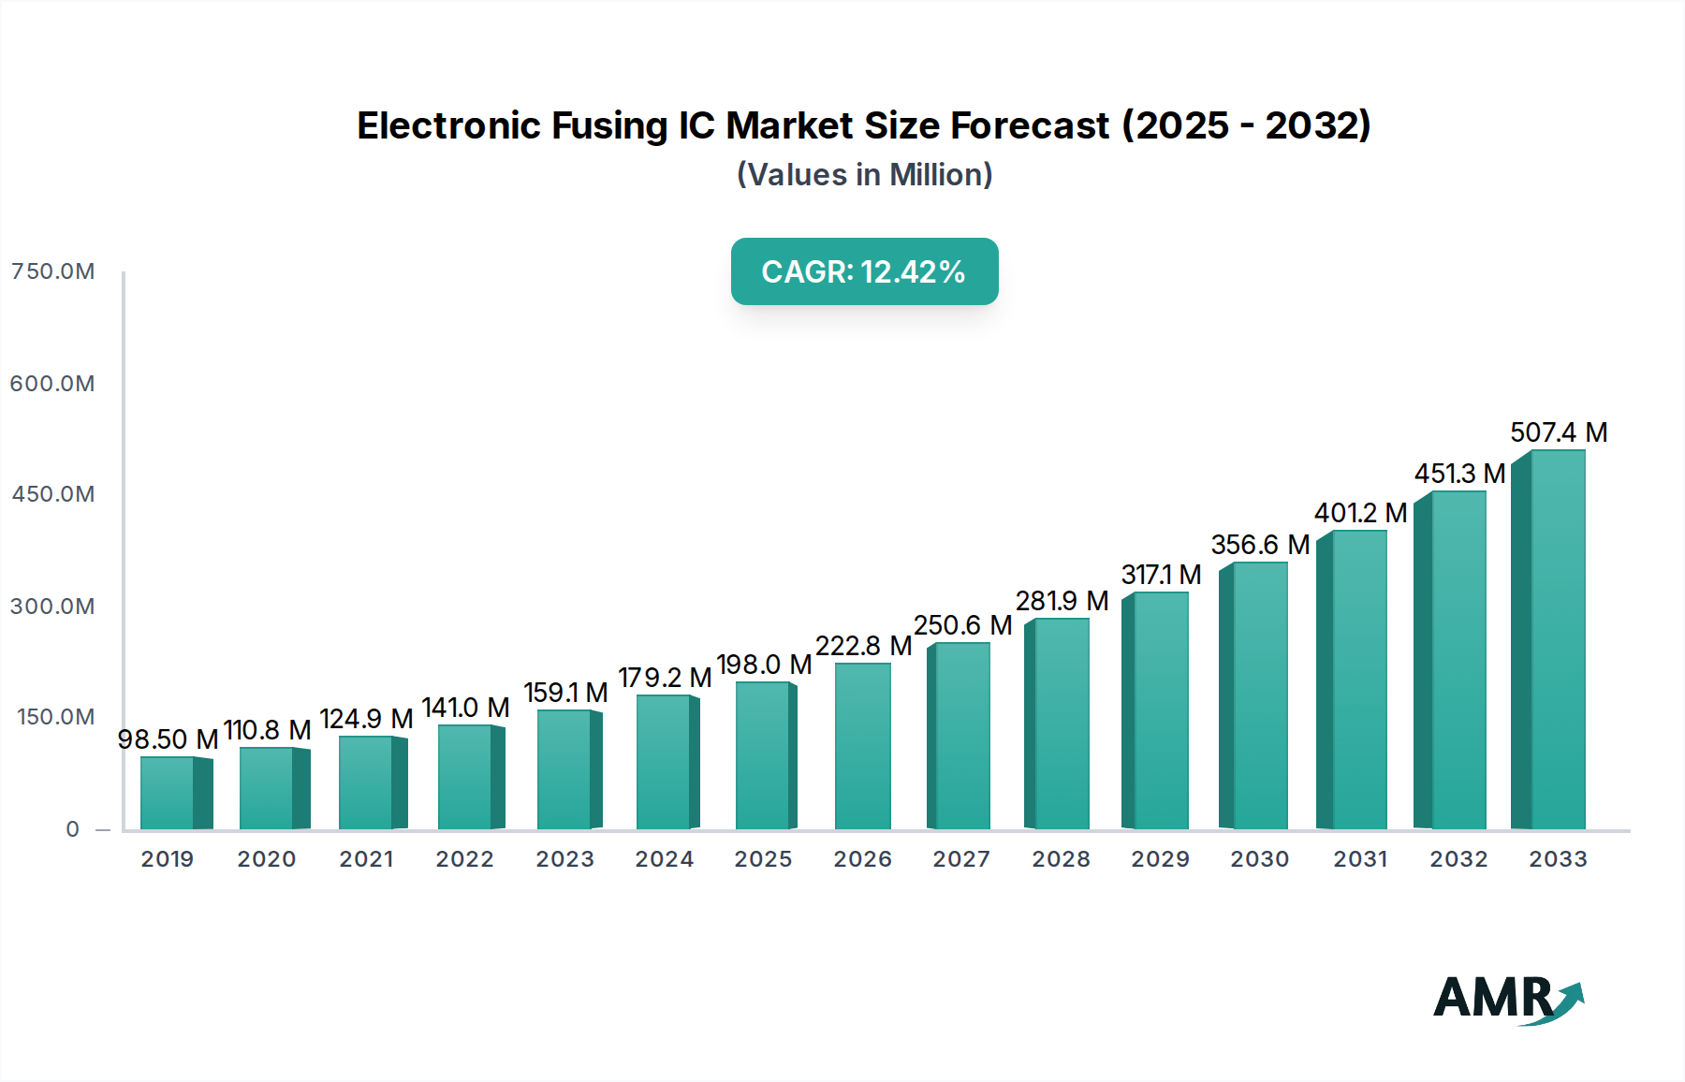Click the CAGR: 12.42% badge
click(x=864, y=271)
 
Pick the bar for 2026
click(x=862, y=746)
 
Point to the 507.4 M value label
click(x=1559, y=432)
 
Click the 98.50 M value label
click(x=168, y=739)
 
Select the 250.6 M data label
click(x=962, y=625)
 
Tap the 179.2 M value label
click(x=665, y=678)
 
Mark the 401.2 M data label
click(x=1360, y=513)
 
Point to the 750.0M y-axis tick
click(x=53, y=271)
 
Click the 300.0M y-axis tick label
click(x=53, y=607)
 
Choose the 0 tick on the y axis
click(x=72, y=829)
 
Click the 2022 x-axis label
click(x=464, y=859)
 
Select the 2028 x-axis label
click(x=1061, y=859)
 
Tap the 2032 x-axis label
click(x=1458, y=859)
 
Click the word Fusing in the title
click(x=608, y=125)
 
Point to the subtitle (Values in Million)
click(x=864, y=175)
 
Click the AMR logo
click(x=1508, y=999)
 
